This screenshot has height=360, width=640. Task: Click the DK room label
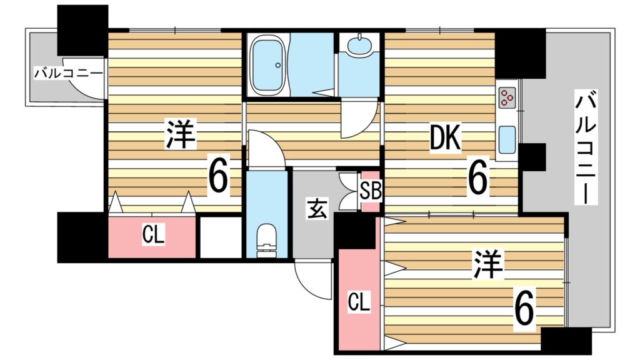pyautogui.click(x=445, y=141)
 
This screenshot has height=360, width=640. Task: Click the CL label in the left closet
pyautogui.click(x=153, y=236)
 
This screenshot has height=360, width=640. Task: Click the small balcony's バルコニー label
pyautogui.click(x=68, y=74)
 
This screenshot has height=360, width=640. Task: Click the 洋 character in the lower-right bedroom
pyautogui.click(x=487, y=265)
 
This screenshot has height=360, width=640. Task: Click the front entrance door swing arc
pyautogui.click(x=312, y=281)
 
